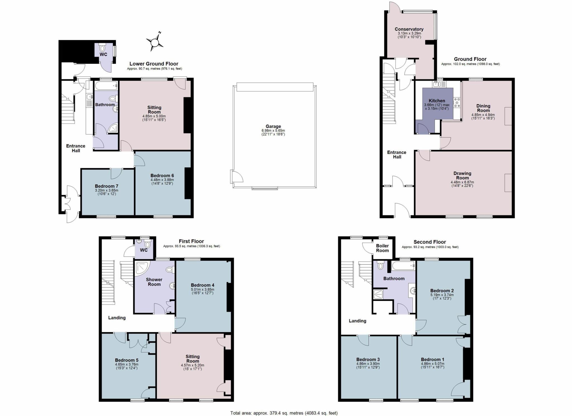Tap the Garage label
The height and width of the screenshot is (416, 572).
(273, 127)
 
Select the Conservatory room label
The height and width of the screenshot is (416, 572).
(409, 29)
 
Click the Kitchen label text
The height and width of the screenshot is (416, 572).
(437, 101)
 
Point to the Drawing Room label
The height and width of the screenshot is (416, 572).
(462, 175)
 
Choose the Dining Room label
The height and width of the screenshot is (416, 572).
(483, 108)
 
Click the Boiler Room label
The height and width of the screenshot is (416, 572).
(382, 248)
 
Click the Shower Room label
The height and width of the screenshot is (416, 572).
(154, 282)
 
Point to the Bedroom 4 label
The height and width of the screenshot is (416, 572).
(203, 285)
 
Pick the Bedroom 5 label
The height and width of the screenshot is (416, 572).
(127, 360)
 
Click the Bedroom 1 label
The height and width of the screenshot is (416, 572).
(432, 360)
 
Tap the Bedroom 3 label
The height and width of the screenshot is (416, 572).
(368, 360)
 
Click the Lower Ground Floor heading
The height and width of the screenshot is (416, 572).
(154, 64)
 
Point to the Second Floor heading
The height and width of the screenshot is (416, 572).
(430, 242)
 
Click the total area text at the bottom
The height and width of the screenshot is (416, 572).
(284, 413)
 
